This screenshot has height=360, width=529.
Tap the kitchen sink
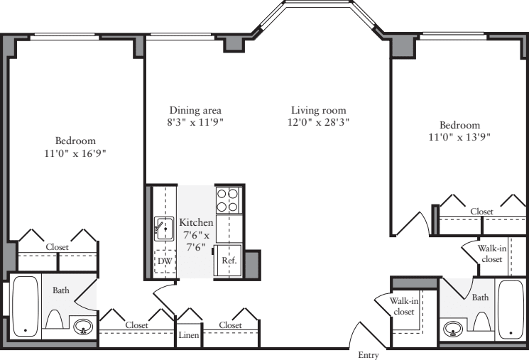click(x=164, y=229)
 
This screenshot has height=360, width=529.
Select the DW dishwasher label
click(x=165, y=261)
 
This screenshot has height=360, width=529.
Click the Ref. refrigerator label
click(x=229, y=261)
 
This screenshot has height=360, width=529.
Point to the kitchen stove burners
click(x=228, y=200)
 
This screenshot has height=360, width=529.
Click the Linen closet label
click(x=188, y=335)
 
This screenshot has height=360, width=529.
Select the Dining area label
click(x=195, y=110)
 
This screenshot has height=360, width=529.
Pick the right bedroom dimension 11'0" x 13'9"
click(x=459, y=136)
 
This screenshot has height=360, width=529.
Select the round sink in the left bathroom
click(x=83, y=327)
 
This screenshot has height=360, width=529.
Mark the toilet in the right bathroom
click(x=482, y=324)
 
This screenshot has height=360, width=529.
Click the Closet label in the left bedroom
click(x=58, y=247)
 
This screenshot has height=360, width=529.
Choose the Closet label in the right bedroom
click(x=481, y=212)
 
